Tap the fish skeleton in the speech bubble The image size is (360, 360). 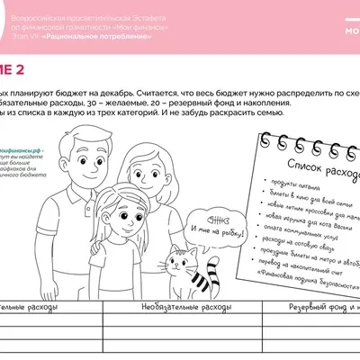click(215, 221)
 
